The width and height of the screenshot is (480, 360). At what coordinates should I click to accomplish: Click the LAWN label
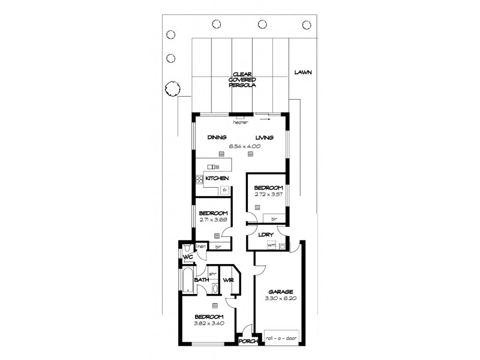304,73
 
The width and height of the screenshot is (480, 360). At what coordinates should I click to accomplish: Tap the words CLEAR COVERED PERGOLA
242,81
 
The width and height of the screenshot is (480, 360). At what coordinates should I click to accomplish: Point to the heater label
241,123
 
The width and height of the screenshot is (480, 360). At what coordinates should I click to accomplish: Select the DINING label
217,137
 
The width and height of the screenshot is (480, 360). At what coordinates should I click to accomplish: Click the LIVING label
264,137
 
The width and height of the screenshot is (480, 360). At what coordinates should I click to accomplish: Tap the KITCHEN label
217,179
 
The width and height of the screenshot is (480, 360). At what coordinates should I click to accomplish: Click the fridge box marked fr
224,190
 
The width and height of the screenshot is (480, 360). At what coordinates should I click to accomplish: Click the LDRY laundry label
266,235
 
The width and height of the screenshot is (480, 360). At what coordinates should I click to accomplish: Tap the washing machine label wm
271,245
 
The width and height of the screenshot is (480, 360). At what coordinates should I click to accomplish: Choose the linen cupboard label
201,247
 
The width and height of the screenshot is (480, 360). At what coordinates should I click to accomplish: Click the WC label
188,259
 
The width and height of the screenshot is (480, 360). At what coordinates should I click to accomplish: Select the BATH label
200,280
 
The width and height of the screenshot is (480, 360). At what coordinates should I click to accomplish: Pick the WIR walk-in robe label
228,280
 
